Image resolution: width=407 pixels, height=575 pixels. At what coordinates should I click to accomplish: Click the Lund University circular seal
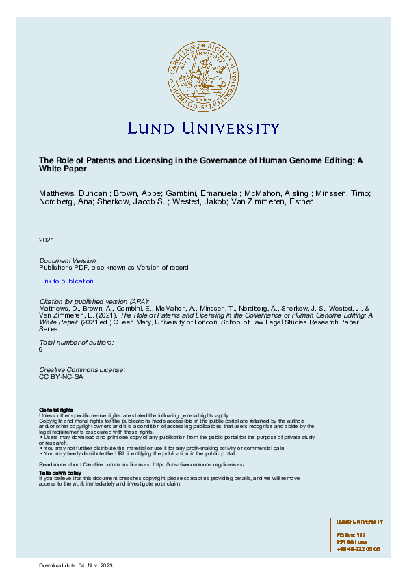pos(203,74)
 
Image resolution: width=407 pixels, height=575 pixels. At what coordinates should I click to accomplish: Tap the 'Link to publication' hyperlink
pos(66,281)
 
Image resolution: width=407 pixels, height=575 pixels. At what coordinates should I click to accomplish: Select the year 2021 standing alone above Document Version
pos(47,240)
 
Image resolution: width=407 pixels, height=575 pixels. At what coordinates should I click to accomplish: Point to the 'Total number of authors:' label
pos(77,341)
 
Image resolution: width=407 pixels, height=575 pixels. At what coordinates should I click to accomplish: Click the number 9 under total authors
pos(41,349)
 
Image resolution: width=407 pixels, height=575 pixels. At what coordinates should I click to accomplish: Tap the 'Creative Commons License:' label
pos(82,369)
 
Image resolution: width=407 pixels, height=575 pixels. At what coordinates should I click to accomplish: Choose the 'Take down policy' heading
pos(60,473)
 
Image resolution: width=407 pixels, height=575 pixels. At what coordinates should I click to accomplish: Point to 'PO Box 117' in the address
pos(352,535)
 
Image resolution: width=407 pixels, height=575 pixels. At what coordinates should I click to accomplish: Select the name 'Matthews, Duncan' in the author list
pos(66,193)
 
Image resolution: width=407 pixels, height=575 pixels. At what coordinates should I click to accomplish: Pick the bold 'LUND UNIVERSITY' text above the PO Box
pos(360,522)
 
